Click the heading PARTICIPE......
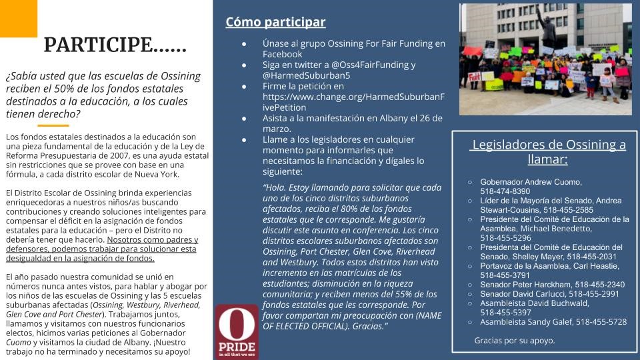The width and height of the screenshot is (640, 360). tap(115, 45)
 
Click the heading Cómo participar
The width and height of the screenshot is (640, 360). tap(275, 22)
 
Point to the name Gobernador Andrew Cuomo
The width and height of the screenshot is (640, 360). tap(531, 182)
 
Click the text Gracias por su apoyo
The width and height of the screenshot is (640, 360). tap(514, 340)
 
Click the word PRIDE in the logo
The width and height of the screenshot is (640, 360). tap(237, 348)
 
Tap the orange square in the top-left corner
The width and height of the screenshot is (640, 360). tap(18, 18)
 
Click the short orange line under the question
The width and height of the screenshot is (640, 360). tap(53, 125)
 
